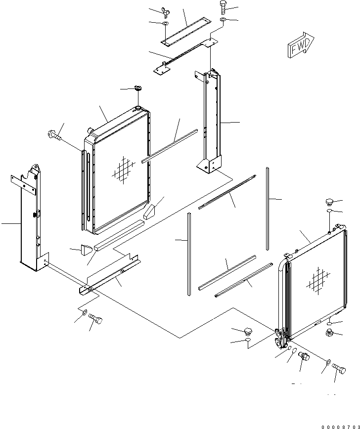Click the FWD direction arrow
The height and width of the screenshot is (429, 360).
(301, 45)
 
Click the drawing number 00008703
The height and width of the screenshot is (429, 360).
(341, 427)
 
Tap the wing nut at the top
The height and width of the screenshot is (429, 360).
(166, 12)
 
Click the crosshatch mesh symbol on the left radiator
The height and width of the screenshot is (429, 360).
(124, 170)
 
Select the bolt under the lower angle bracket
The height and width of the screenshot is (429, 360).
(95, 319)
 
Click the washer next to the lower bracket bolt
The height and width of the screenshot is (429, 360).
(85, 312)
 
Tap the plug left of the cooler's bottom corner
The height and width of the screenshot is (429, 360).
(248, 331)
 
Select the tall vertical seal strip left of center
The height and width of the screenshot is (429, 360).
(189, 254)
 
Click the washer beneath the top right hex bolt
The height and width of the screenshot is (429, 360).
(223, 19)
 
